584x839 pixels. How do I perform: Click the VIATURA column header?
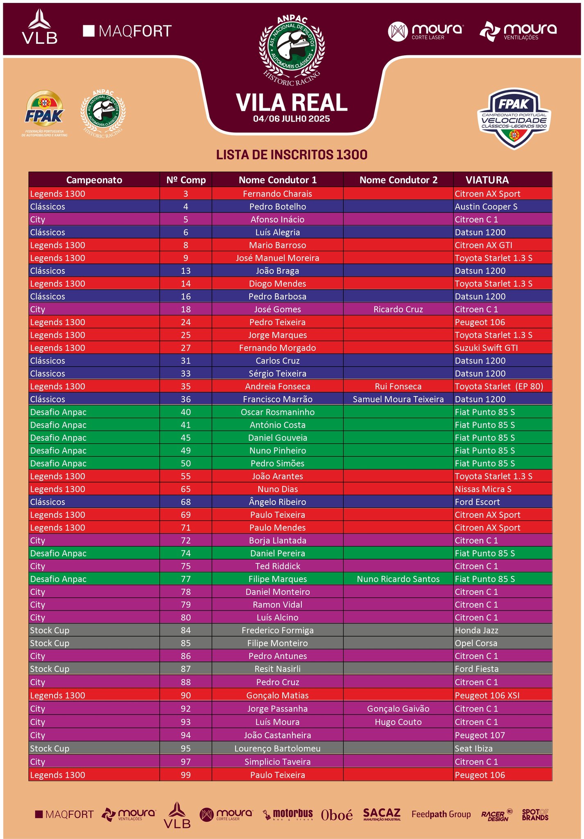click(487, 180)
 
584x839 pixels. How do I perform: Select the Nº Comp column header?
click(186, 180)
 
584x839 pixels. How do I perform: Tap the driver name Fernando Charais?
click(277, 194)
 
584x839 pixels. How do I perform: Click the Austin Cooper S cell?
click(486, 206)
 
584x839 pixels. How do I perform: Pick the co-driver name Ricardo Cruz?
click(398, 309)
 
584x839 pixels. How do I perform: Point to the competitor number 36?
click(186, 399)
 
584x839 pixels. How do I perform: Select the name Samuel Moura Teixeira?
click(398, 399)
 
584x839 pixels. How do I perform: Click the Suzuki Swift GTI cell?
click(486, 348)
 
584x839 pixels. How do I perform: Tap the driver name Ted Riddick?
click(277, 566)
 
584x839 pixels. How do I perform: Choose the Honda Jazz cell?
click(476, 630)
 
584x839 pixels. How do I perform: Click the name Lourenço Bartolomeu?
click(277, 748)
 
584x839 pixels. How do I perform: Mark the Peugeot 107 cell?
click(480, 735)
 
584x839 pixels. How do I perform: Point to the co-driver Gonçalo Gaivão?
click(398, 709)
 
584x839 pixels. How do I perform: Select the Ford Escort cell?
click(477, 502)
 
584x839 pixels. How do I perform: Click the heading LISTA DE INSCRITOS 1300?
click(292, 155)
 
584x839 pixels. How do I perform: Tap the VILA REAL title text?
click(292, 102)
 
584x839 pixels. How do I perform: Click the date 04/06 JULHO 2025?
click(292, 119)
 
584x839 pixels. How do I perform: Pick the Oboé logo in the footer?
click(337, 815)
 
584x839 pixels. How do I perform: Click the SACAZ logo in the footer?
click(382, 814)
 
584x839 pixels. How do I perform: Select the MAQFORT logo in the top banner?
click(127, 31)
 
